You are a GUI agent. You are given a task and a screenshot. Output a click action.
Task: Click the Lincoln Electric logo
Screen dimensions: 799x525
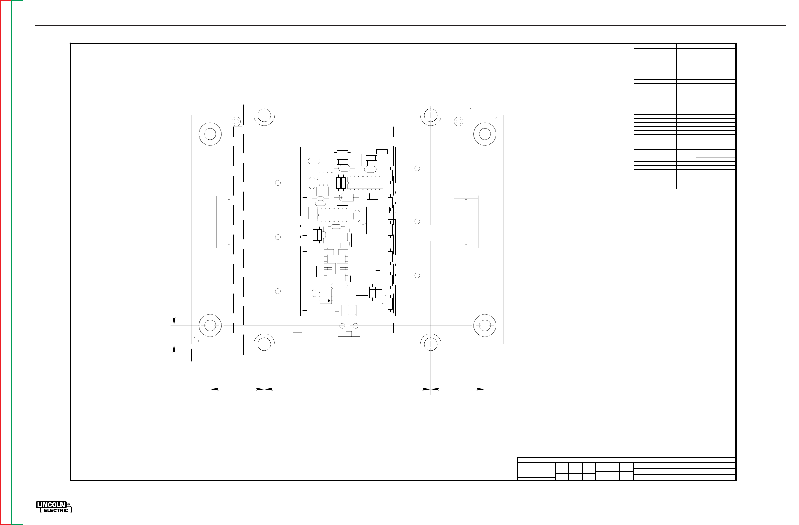tap(53, 507)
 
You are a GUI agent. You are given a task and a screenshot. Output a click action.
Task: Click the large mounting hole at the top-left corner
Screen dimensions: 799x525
tap(210, 134)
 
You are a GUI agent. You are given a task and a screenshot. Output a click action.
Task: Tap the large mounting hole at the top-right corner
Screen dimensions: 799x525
tap(484, 134)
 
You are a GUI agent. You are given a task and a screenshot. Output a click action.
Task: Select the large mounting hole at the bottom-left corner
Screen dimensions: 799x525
tap(210, 325)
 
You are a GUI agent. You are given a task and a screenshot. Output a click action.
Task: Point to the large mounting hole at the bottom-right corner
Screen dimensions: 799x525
tap(484, 325)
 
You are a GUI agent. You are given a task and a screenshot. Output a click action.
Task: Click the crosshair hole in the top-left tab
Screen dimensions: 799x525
tap(264, 115)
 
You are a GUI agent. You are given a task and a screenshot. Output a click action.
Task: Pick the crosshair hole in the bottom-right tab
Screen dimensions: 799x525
tap(430, 344)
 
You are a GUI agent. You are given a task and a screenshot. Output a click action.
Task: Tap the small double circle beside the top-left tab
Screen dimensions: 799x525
tap(236, 121)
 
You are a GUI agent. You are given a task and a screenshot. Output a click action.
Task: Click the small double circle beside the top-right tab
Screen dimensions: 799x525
tap(458, 121)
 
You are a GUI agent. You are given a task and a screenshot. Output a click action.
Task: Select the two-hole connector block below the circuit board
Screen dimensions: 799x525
tap(349, 326)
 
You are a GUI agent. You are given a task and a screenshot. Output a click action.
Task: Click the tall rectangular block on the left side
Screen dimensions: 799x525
tap(229, 222)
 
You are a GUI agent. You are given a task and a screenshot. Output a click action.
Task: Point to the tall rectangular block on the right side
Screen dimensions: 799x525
tap(466, 222)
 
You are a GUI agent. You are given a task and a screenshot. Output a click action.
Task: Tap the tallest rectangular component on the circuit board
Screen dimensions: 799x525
tap(377, 241)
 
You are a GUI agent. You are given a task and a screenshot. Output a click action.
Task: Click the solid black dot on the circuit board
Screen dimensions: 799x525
tap(329, 300)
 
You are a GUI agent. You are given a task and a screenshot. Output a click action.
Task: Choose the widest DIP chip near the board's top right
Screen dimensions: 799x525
tap(365, 183)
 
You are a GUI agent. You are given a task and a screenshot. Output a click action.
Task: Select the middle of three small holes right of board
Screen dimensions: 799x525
tap(417, 221)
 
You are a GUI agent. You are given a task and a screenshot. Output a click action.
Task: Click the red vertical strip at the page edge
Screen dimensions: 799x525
tap(6, 262)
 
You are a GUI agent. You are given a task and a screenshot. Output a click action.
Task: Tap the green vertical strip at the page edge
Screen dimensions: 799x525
tap(17, 262)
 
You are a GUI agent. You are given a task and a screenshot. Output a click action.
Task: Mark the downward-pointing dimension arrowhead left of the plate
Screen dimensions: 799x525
tap(174, 321)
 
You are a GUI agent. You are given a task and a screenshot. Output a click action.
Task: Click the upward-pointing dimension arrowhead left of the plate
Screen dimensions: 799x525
tap(174, 349)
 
